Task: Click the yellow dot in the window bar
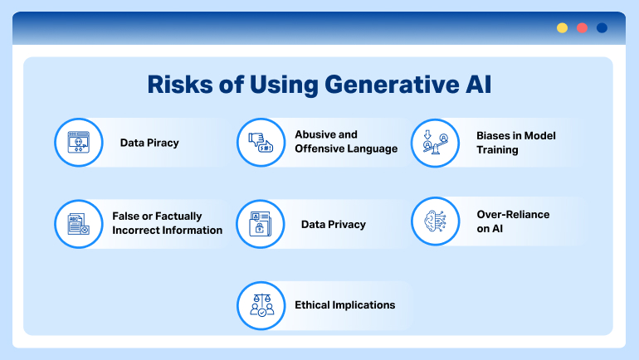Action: (x=562, y=27)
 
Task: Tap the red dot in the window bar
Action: (x=582, y=27)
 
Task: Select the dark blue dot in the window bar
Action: (x=602, y=27)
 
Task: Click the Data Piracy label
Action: (x=149, y=143)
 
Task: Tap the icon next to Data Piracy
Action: (x=78, y=143)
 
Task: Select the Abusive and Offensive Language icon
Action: (x=261, y=143)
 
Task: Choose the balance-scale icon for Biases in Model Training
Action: (x=436, y=143)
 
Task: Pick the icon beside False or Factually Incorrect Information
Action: (x=78, y=223)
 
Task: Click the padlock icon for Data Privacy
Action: (x=261, y=224)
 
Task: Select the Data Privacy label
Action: (x=333, y=224)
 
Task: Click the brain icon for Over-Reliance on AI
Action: (x=436, y=221)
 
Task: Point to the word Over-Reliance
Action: (x=513, y=214)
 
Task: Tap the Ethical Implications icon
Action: (x=261, y=305)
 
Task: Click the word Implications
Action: (x=363, y=304)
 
